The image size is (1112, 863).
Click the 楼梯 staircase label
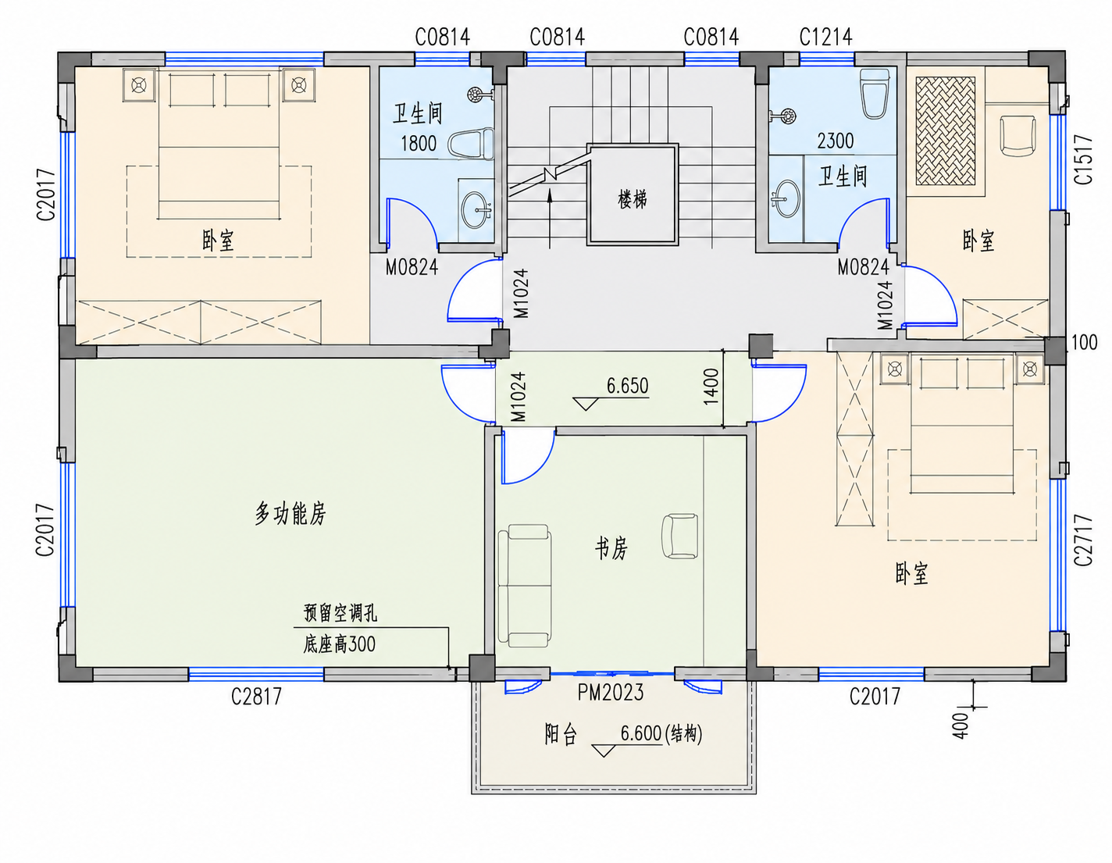633,199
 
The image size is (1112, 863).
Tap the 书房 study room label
611,549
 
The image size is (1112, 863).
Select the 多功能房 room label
290,514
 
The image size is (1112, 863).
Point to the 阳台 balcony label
561,735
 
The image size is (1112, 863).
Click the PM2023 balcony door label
611,693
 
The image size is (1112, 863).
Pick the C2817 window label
256,696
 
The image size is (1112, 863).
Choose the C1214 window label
825,37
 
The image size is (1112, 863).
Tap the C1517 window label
1083,159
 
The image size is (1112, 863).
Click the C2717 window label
1083,540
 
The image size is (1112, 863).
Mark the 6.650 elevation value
627,386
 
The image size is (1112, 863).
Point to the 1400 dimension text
711,387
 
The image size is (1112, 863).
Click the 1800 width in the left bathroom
419,143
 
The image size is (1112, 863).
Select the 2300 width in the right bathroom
835,141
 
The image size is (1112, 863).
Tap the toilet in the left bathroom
471,143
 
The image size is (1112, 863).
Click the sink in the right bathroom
786,198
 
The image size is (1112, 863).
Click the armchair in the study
679,536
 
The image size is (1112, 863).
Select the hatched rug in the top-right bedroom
945,131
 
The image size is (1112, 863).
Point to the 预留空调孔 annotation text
340,612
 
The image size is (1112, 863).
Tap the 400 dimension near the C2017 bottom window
961,726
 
